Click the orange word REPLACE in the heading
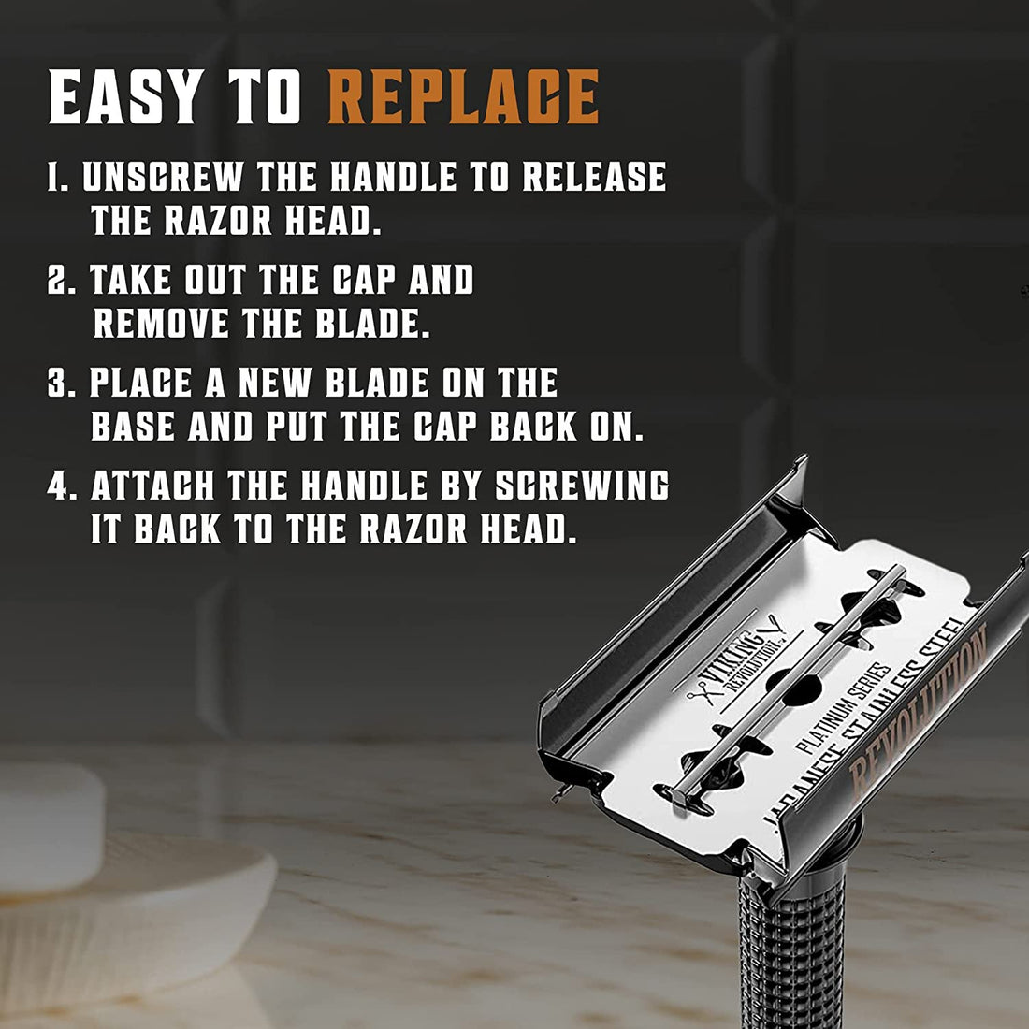[464, 96]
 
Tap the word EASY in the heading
[125, 96]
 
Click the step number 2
[57, 281]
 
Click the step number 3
[57, 384]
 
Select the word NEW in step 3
[280, 384]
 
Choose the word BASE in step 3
[133, 427]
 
